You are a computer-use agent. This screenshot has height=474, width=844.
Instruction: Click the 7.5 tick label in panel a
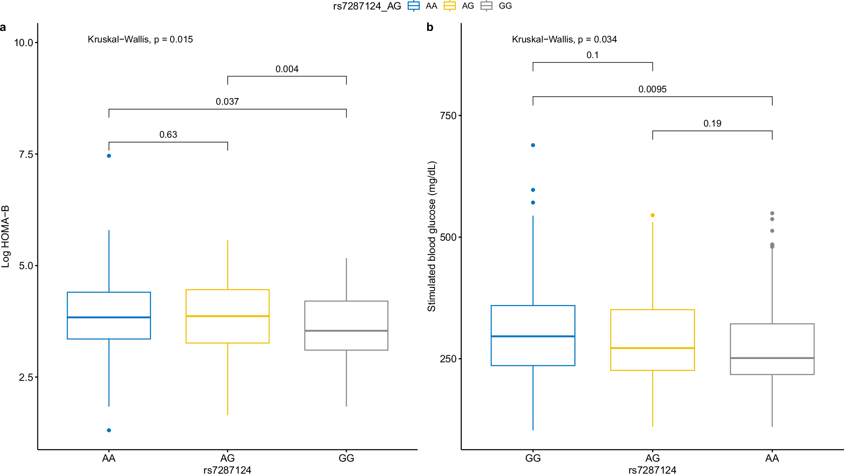[26, 154]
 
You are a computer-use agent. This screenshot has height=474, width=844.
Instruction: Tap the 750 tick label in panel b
[448, 116]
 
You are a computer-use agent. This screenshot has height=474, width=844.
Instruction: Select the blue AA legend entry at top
[423, 6]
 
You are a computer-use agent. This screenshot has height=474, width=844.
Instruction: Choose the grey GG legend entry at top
[496, 6]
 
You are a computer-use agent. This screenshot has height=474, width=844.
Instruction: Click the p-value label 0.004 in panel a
[287, 69]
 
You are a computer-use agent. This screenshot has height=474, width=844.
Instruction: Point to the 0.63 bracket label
[168, 135]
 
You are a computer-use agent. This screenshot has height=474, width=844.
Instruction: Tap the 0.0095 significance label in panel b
[652, 89]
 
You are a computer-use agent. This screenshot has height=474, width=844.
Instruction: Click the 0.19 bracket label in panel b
[712, 124]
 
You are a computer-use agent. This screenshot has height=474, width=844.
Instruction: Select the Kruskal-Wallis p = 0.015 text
[140, 40]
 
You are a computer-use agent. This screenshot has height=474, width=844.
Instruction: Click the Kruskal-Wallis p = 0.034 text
[564, 40]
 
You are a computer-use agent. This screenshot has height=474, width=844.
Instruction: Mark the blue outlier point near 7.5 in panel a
[109, 156]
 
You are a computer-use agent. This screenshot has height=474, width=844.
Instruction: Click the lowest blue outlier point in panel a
[109, 430]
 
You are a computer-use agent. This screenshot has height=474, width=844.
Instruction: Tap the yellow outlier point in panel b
[652, 215]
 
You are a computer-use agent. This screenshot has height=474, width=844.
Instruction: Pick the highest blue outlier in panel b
[533, 145]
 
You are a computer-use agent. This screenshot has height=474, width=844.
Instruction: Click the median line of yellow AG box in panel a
[227, 316]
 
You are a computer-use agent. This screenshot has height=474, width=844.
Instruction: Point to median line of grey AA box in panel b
[772, 358]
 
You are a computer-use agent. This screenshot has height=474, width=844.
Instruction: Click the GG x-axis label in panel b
[533, 458]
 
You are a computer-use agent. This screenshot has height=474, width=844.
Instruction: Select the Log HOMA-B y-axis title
[5, 237]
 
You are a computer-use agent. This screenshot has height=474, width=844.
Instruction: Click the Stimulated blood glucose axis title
[431, 237]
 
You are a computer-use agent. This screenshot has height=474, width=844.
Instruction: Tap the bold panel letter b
[430, 28]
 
